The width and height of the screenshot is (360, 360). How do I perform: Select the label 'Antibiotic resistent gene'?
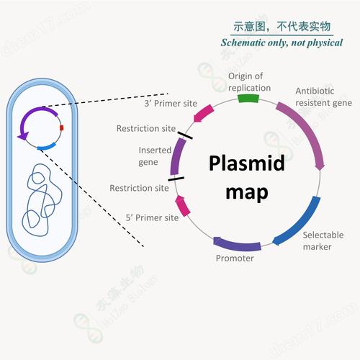tap(324, 96)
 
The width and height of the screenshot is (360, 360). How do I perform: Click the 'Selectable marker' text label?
tap(318, 240)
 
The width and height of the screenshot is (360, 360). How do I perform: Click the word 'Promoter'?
tap(235, 258)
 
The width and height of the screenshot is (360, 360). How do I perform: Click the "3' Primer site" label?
tap(172, 103)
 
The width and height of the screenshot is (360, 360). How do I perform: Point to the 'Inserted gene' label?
tap(155, 156)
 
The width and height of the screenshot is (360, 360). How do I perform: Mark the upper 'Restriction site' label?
tap(146, 128)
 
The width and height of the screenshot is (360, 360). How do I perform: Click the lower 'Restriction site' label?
tap(139, 188)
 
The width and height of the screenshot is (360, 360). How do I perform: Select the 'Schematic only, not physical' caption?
tap(282, 42)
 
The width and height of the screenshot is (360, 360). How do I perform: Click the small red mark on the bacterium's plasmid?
tap(62, 128)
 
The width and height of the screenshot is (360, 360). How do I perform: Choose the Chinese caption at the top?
tap(282, 27)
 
